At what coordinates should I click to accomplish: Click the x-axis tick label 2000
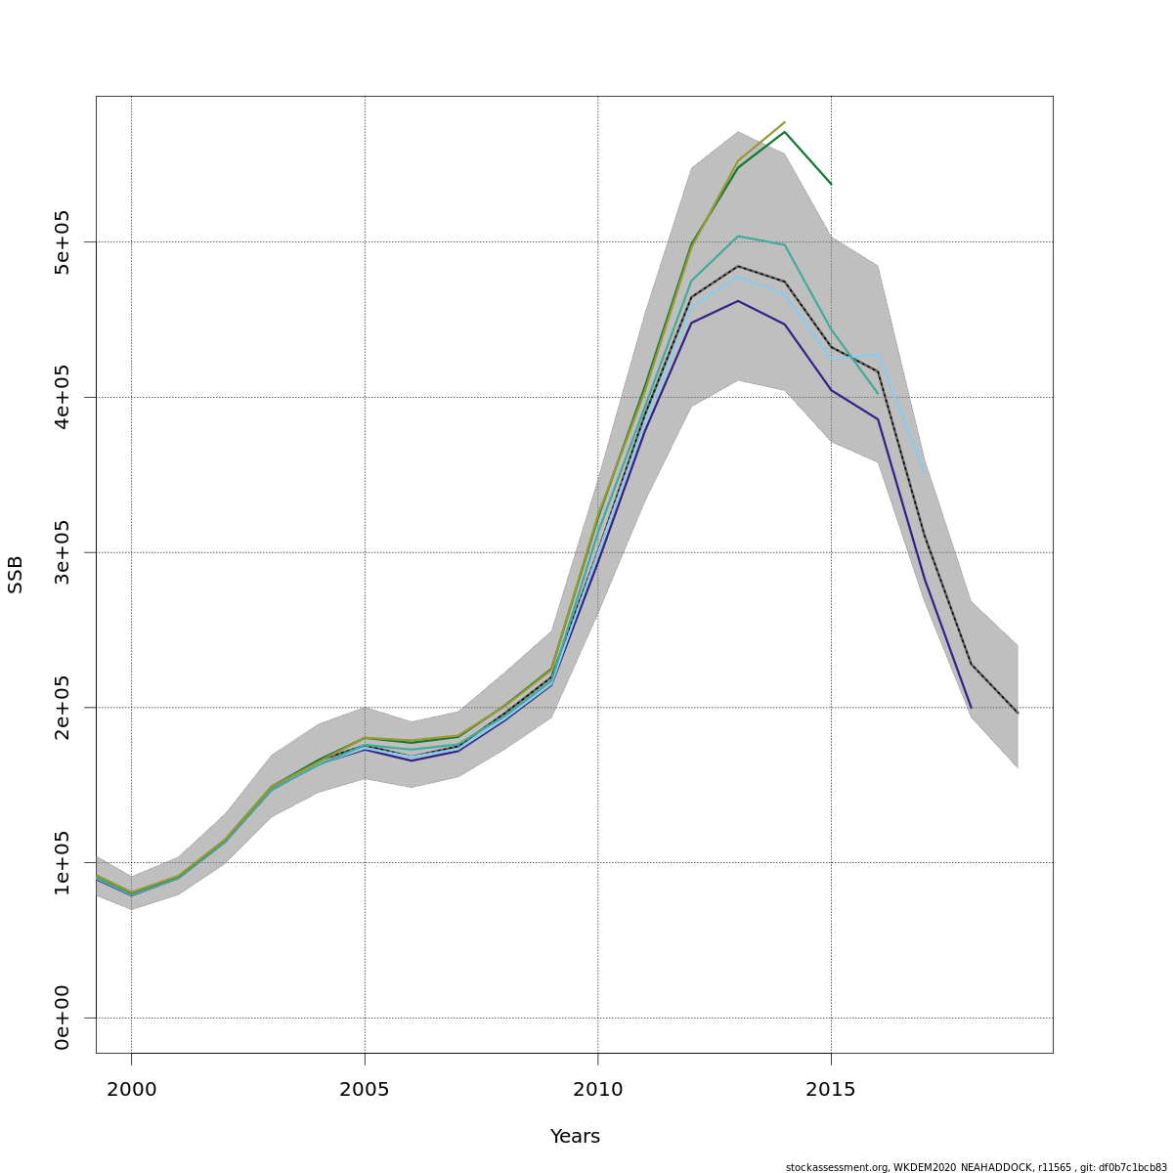click(131, 1090)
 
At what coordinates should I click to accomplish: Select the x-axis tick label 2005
click(365, 1090)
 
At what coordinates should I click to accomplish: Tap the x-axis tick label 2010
click(597, 1090)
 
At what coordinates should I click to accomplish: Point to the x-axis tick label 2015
click(831, 1090)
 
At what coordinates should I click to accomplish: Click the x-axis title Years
click(575, 1137)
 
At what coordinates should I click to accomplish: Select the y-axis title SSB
click(16, 574)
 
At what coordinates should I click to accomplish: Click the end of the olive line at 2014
click(785, 122)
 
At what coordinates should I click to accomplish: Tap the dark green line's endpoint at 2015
click(831, 184)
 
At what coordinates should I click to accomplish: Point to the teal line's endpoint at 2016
click(878, 394)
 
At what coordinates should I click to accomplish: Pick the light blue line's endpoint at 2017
click(925, 472)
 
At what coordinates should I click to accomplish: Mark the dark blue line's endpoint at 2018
click(971, 708)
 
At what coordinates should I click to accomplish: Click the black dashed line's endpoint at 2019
click(1018, 713)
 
